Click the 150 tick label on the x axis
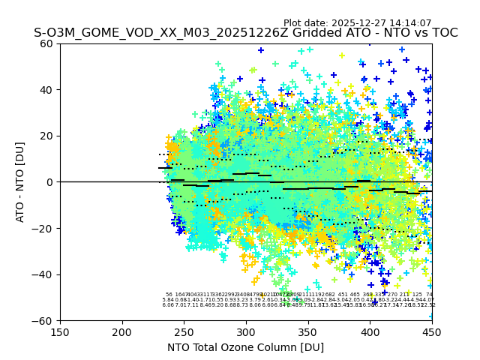(60, 331)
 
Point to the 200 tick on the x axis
(122, 331)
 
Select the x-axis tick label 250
(184, 331)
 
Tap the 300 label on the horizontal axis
(246, 331)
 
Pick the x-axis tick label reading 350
(308, 331)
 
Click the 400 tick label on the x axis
(370, 331)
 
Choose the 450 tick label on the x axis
(432, 331)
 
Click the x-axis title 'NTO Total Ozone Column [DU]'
(246, 347)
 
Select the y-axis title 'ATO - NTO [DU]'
(20, 182)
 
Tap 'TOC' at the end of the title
(443, 34)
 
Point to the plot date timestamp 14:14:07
(410, 23)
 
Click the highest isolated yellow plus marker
(342, 55)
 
